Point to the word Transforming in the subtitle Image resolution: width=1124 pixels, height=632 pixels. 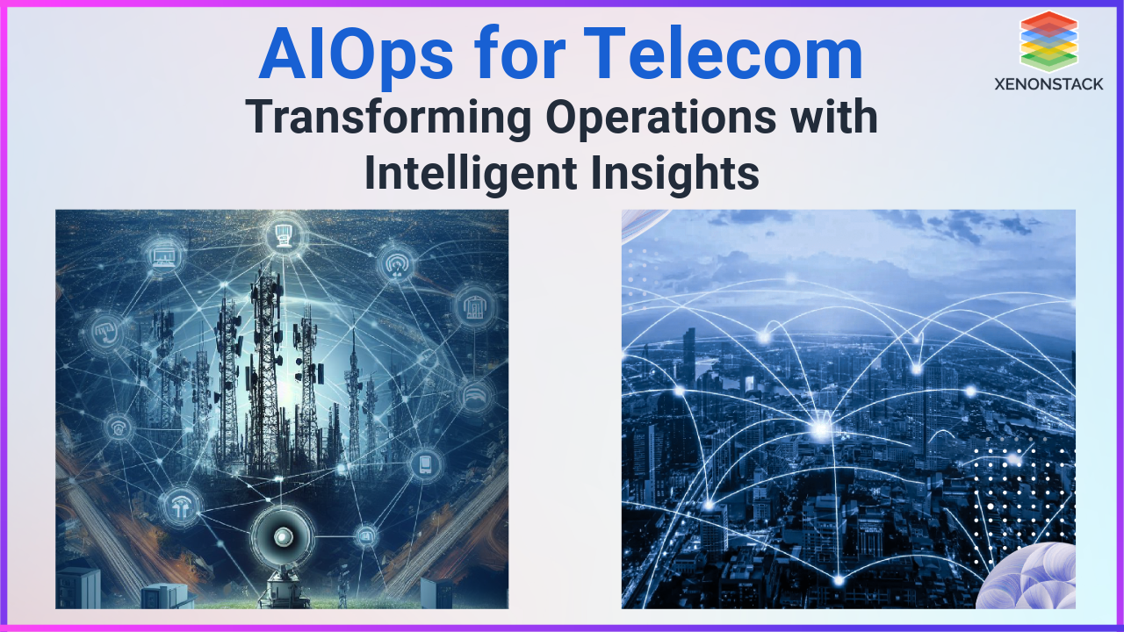386,118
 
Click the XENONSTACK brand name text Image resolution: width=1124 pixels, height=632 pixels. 1048,84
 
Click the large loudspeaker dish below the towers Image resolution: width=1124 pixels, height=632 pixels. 283,534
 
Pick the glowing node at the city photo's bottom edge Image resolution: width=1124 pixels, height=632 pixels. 839,579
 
